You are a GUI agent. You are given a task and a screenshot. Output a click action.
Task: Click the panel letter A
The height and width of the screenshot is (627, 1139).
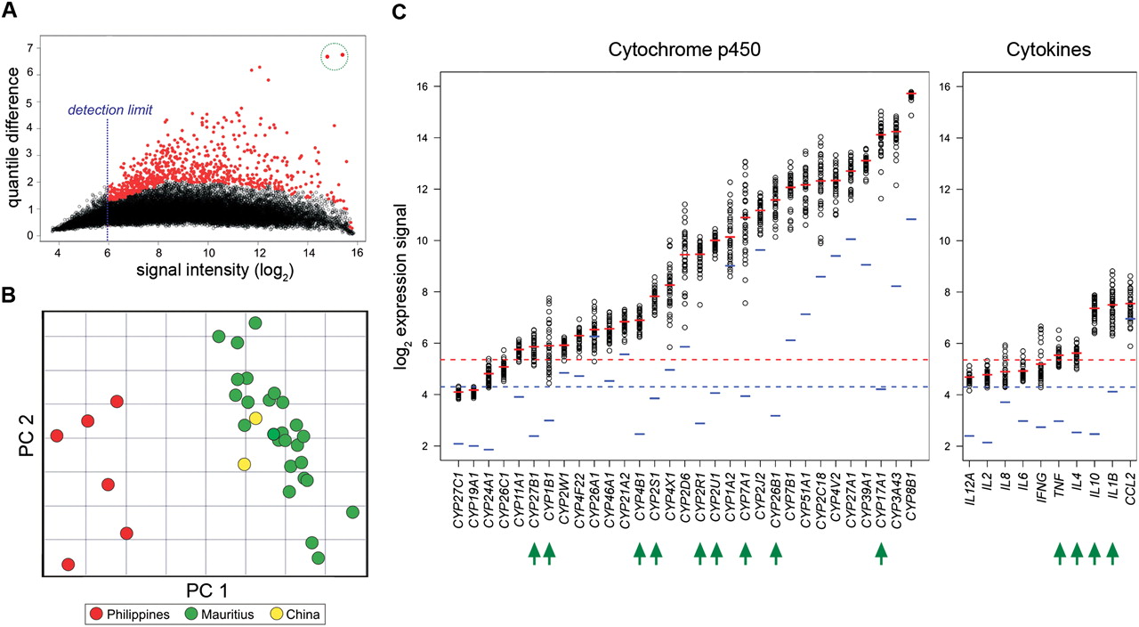coord(9,10)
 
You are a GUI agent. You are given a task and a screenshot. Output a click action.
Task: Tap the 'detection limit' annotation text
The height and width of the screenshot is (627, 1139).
coord(110,110)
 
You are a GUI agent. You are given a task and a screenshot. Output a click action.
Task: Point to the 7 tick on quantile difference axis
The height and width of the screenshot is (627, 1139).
coord(30,48)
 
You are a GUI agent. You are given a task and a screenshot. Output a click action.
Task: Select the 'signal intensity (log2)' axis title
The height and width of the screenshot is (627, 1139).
coord(215,270)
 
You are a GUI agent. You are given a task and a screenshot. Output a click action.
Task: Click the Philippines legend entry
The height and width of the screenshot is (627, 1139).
coord(129,615)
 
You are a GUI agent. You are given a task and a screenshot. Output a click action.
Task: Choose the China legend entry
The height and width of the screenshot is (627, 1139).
coord(295,615)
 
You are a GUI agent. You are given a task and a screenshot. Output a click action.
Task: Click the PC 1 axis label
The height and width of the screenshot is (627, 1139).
coord(207,590)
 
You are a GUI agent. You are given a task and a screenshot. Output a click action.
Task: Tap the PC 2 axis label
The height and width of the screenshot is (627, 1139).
coord(26,436)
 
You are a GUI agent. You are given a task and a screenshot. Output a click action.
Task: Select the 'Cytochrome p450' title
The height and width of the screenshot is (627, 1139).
coord(684,50)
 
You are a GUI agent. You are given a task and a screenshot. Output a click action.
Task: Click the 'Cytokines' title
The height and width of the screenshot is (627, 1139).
coord(1048,50)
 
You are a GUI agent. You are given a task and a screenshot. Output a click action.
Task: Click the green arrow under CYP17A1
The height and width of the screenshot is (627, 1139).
coord(881,553)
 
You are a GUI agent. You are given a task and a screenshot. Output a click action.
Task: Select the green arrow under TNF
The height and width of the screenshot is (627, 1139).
coord(1059,553)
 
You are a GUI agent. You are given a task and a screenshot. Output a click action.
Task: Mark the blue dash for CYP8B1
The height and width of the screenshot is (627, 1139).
coord(911,219)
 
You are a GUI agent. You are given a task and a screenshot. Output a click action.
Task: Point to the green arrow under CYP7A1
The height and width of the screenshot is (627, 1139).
coord(745,553)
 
